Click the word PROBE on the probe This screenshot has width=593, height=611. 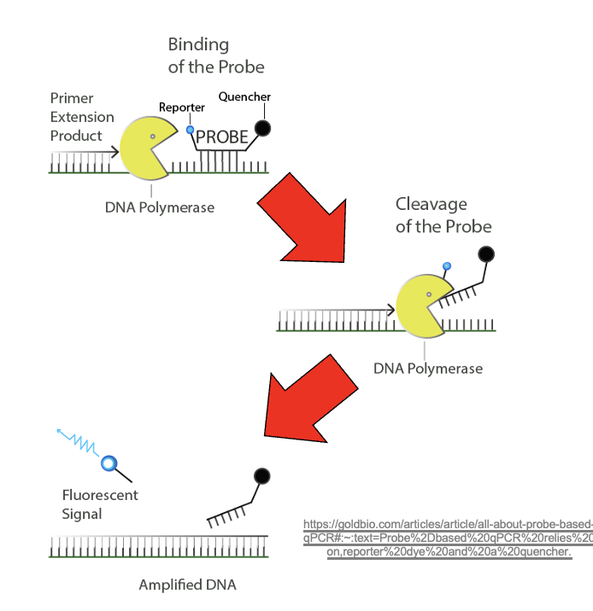(x=222, y=137)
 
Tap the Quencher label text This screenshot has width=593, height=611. (x=244, y=97)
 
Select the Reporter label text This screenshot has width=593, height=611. (x=181, y=108)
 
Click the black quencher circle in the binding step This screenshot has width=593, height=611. (x=263, y=129)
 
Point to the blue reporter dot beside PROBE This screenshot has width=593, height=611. (x=190, y=131)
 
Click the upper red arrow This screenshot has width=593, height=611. (x=306, y=217)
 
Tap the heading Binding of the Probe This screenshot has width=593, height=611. (x=215, y=55)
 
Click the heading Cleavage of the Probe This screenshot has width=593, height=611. (x=443, y=215)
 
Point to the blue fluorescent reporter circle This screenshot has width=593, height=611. (x=109, y=463)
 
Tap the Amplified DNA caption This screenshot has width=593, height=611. (x=187, y=585)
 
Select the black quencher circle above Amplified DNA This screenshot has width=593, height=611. (x=261, y=476)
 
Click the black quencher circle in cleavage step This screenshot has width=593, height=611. (x=486, y=253)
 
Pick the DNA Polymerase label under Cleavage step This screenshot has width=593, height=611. (x=427, y=369)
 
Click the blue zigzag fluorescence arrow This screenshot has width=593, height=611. (x=79, y=442)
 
